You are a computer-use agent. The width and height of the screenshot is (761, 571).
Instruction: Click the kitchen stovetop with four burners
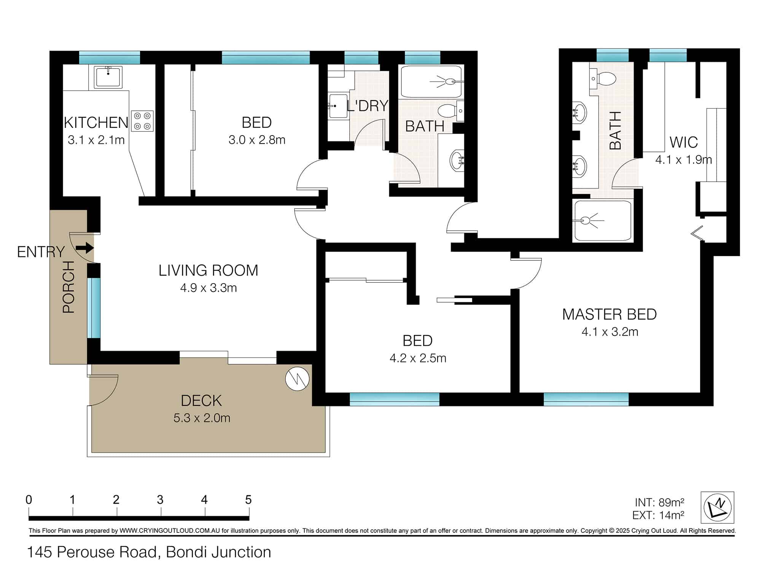[143, 121]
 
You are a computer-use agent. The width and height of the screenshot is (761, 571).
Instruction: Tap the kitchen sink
[108, 77]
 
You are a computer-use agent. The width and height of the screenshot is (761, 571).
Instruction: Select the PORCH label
[69, 287]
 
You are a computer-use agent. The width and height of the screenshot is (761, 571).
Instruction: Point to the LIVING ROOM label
[209, 270]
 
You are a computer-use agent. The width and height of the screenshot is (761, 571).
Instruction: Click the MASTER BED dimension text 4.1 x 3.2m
[610, 332]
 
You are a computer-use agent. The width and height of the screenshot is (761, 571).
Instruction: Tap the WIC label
[684, 142]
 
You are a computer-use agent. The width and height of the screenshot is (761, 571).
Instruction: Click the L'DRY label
[368, 105]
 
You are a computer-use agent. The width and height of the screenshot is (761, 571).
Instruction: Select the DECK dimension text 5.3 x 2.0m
[202, 418]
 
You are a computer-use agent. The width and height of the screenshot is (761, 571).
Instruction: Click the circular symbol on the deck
[298, 379]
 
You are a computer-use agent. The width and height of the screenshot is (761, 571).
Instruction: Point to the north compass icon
[717, 507]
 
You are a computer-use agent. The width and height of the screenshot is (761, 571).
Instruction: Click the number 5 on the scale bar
[248, 500]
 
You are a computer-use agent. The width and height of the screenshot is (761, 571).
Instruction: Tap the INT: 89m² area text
[659, 503]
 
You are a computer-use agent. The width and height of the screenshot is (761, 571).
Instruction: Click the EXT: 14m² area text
[658, 515]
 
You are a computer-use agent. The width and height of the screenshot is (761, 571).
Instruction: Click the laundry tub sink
[338, 106]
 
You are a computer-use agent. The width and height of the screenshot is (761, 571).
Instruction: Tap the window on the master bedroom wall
[586, 399]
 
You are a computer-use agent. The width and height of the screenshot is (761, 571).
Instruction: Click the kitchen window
[110, 57]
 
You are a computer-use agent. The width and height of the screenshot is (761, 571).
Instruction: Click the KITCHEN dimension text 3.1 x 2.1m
[96, 140]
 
